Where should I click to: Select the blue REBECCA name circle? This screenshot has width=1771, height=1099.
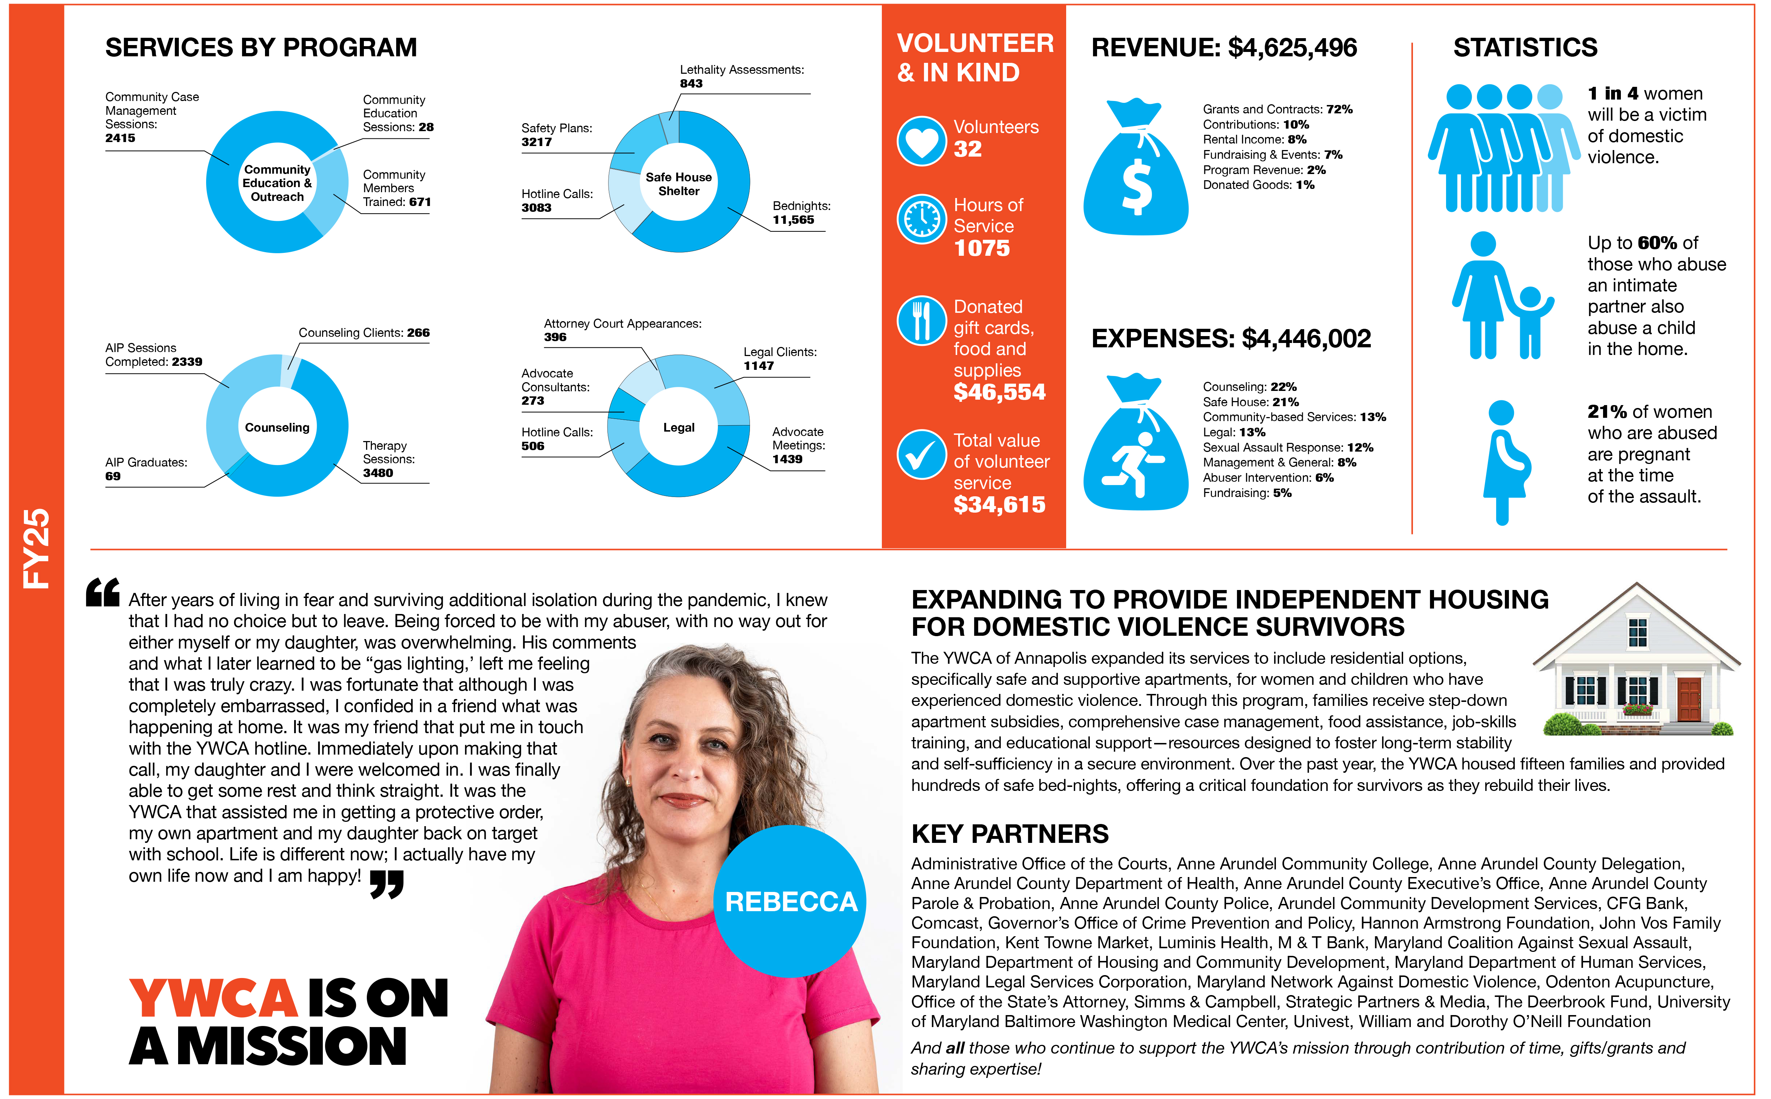click(x=790, y=901)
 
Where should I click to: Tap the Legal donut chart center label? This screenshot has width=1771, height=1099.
click(x=678, y=427)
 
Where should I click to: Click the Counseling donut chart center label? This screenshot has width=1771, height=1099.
click(x=277, y=427)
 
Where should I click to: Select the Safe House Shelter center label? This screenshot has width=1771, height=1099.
click(x=678, y=184)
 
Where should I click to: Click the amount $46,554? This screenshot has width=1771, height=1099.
click(x=999, y=392)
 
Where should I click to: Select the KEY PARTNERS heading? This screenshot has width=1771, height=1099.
click(x=1010, y=834)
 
